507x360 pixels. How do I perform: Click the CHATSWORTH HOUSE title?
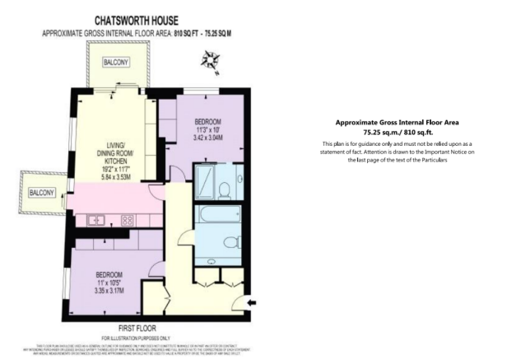point(137,18)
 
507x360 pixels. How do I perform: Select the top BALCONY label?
point(114,63)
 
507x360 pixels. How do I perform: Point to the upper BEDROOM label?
point(207,122)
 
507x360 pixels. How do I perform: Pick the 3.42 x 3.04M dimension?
point(207,139)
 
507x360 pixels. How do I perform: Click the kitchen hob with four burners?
point(128,221)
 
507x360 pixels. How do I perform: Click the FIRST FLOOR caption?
point(137,327)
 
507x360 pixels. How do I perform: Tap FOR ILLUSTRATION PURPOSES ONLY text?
point(137,337)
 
